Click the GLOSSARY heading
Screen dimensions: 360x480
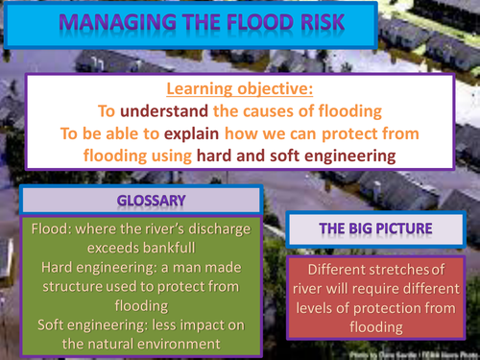click(141, 200)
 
